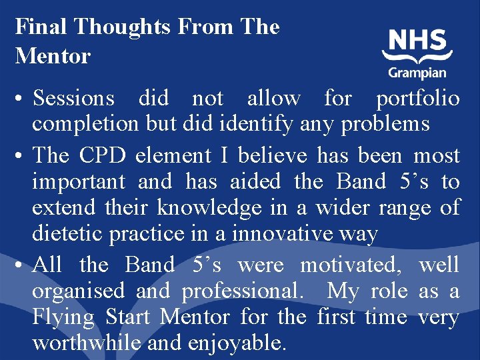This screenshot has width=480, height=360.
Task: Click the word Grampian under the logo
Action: point(417,73)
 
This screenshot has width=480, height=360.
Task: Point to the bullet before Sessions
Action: point(21,99)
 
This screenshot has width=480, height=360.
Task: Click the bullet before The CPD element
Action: point(21,156)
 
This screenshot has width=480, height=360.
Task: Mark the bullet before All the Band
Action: point(21,265)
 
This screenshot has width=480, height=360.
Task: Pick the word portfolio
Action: point(417,99)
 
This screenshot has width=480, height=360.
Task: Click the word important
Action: point(79,181)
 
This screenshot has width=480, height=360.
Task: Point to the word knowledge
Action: point(209,208)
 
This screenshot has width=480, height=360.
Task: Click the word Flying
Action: point(65,317)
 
